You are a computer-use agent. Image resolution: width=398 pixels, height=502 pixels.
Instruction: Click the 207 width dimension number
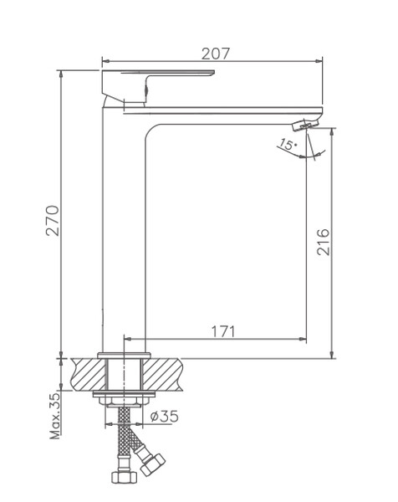216,54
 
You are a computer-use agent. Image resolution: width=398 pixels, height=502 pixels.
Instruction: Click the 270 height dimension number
53,221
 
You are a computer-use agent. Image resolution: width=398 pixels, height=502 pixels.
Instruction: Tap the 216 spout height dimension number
323,242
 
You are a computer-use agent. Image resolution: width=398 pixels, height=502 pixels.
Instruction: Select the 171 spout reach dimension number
223,331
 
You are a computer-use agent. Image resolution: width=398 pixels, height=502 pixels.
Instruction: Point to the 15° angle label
287,144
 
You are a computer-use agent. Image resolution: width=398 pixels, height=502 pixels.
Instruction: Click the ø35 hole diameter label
164,416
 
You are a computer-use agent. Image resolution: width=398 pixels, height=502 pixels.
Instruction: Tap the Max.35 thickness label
54,416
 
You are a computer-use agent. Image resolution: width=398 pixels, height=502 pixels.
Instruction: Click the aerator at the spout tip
305,124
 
